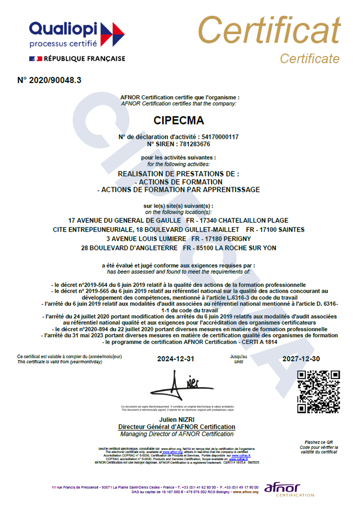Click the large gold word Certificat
click(x=269, y=31)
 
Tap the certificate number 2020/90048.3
click(x=49, y=80)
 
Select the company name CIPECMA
click(x=178, y=121)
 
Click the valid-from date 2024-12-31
click(x=176, y=359)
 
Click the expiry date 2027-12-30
click(x=301, y=359)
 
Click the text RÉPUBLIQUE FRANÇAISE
click(x=85, y=59)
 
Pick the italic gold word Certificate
click(x=310, y=59)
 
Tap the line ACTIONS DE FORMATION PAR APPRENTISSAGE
click(x=178, y=190)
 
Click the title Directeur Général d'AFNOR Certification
click(x=177, y=426)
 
